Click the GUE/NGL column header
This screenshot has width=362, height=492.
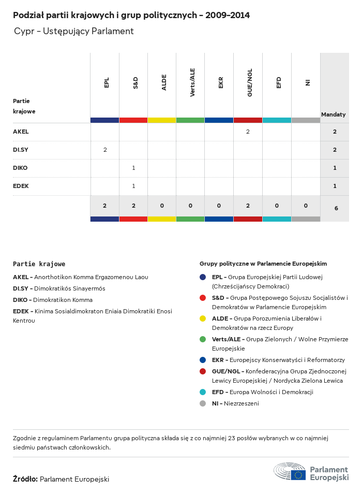click(250, 83)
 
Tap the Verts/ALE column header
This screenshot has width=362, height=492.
click(192, 83)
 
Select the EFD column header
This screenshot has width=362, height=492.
click(279, 82)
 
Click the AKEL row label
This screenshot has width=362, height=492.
click(21, 132)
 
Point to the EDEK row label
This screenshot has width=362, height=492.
click(21, 186)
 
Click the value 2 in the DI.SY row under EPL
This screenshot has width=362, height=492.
click(105, 150)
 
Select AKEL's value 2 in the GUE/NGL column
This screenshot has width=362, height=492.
click(248, 132)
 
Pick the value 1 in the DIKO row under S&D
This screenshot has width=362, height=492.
click(133, 168)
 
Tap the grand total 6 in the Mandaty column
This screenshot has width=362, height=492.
click(336, 208)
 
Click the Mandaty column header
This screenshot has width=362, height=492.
click(334, 114)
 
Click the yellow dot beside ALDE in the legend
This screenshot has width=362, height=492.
click(203, 319)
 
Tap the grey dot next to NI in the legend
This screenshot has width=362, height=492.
click(203, 403)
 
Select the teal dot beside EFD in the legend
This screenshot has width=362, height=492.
click(203, 392)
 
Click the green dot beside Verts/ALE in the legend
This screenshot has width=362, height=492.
click(203, 340)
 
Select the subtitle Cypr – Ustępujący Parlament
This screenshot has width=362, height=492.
click(74, 32)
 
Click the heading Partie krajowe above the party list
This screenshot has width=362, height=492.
click(39, 264)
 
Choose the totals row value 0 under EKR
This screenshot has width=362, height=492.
click(219, 206)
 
